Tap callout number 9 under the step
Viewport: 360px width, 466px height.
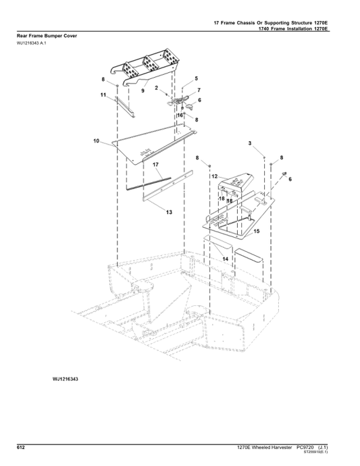[x=143, y=90]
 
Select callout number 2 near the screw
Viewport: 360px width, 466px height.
[x=156, y=88]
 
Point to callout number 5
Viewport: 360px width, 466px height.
[x=196, y=79]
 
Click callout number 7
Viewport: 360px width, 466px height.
[x=199, y=90]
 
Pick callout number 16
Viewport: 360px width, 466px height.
[x=180, y=115]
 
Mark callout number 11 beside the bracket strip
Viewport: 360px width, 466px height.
[x=103, y=97]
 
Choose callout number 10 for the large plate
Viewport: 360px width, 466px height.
[x=97, y=142]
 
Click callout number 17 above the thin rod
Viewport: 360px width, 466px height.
[x=155, y=165]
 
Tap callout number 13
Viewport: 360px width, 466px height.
[x=170, y=212]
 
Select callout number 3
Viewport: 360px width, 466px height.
[x=250, y=144]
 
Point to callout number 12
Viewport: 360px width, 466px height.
[x=214, y=176]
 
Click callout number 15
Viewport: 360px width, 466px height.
[x=257, y=231]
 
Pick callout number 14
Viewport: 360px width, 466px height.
[x=226, y=259]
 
